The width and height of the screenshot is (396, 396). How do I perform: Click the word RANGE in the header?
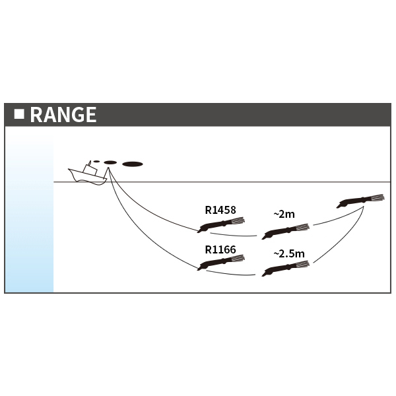point(63,115)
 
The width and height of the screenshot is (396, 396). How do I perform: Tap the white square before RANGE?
point(19,114)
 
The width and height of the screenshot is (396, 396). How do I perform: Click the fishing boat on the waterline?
point(87,175)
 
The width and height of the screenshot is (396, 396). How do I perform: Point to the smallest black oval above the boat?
point(96,161)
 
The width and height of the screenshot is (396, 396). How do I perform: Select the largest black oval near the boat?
point(133,164)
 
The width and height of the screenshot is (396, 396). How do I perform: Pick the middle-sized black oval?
point(110,162)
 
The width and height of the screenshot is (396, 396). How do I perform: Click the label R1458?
point(220,211)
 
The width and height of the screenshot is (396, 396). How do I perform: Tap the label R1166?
point(220,249)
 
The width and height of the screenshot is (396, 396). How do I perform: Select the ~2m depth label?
point(284,214)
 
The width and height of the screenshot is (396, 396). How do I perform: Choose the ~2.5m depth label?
point(289,253)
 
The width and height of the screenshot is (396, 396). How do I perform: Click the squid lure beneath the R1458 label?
point(222,225)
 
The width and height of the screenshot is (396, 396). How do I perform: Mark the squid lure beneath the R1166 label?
point(222,263)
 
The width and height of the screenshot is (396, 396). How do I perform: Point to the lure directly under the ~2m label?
point(285,231)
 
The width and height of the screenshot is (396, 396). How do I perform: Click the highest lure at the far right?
point(360,200)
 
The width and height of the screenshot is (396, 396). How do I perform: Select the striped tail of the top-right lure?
point(376,197)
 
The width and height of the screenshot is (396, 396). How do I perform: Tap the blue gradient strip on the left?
point(30,211)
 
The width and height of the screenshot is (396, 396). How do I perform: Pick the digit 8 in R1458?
point(233,211)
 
